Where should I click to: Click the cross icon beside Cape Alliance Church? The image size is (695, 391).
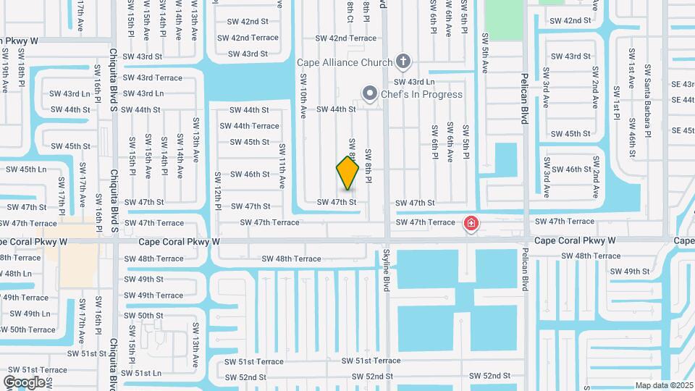pos(404,62)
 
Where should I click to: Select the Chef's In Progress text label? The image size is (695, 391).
pos(423,94)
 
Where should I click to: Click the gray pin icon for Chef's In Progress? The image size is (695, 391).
pos(370,93)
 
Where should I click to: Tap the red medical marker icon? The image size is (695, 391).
pos(471,223)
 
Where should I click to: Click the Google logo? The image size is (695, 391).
pos(24,382)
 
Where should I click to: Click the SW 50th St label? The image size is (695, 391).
pos(143,316)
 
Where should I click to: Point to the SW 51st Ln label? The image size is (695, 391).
pos(142,373)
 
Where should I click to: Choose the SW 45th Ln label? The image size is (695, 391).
pos(26,169)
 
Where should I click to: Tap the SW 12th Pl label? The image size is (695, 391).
pos(217,191)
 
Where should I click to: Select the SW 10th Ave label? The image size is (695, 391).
pos(303,99)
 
